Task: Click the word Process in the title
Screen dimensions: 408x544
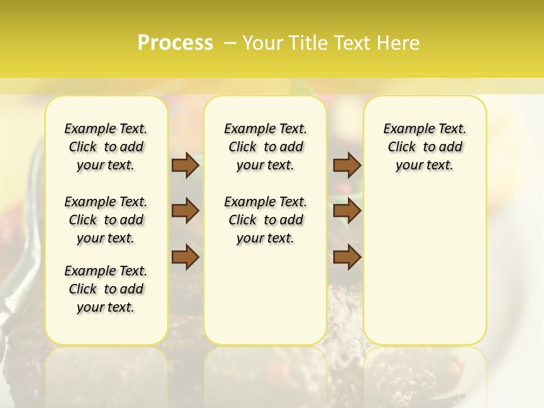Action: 175,43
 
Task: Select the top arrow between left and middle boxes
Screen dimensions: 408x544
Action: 185,165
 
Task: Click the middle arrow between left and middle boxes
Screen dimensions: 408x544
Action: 185,211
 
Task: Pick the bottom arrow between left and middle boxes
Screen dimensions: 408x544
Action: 185,257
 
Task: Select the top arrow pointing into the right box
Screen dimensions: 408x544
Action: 347,165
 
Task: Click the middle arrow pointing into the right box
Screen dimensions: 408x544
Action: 347,211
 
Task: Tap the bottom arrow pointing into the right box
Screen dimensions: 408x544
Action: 347,257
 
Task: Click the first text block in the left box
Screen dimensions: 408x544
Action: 106,147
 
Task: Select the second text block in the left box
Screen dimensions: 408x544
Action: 106,220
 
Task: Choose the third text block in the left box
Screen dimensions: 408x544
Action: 106,289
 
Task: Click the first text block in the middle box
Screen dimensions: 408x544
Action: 265,147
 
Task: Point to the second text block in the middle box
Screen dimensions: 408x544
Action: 265,220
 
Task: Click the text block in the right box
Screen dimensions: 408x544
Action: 424,147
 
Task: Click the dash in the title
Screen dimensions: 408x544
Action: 230,43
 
